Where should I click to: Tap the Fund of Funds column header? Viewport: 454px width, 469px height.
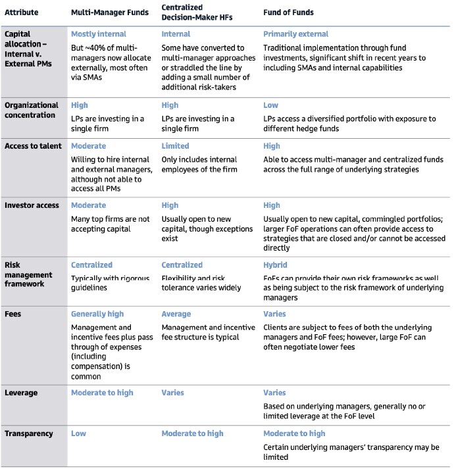click(x=288, y=12)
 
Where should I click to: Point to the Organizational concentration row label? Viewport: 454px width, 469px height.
click(x=31, y=110)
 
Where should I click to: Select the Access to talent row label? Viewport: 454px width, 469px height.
click(x=32, y=146)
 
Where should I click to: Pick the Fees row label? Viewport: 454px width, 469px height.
click(x=13, y=314)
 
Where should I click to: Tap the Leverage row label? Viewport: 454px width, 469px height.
click(x=21, y=393)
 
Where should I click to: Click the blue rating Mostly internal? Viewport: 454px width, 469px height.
click(x=99, y=34)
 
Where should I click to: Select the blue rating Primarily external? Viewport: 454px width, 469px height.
click(x=295, y=34)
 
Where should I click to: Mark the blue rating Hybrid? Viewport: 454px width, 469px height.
click(x=276, y=265)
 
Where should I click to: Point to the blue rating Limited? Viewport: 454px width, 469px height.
click(x=175, y=146)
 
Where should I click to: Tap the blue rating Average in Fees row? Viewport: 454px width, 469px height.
click(x=176, y=314)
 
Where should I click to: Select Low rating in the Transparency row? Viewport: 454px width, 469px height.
click(x=78, y=433)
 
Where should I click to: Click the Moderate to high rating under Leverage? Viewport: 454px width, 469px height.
click(x=102, y=393)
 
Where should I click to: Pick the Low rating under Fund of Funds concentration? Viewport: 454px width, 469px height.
click(x=270, y=105)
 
